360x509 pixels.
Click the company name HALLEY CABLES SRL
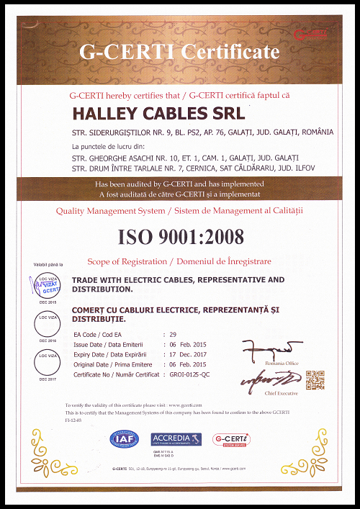pos(159,114)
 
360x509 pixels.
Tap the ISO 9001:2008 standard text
pos(180,236)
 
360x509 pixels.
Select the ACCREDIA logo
pos(176,438)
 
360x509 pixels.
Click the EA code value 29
pos(172,335)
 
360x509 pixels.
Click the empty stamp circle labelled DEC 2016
pos(48,324)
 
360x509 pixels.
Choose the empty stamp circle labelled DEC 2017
pos(48,363)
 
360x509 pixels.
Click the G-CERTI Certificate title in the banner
pos(179,52)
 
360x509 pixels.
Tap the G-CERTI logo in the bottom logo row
pos(231,438)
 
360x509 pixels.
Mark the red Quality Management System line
pos(179,210)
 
